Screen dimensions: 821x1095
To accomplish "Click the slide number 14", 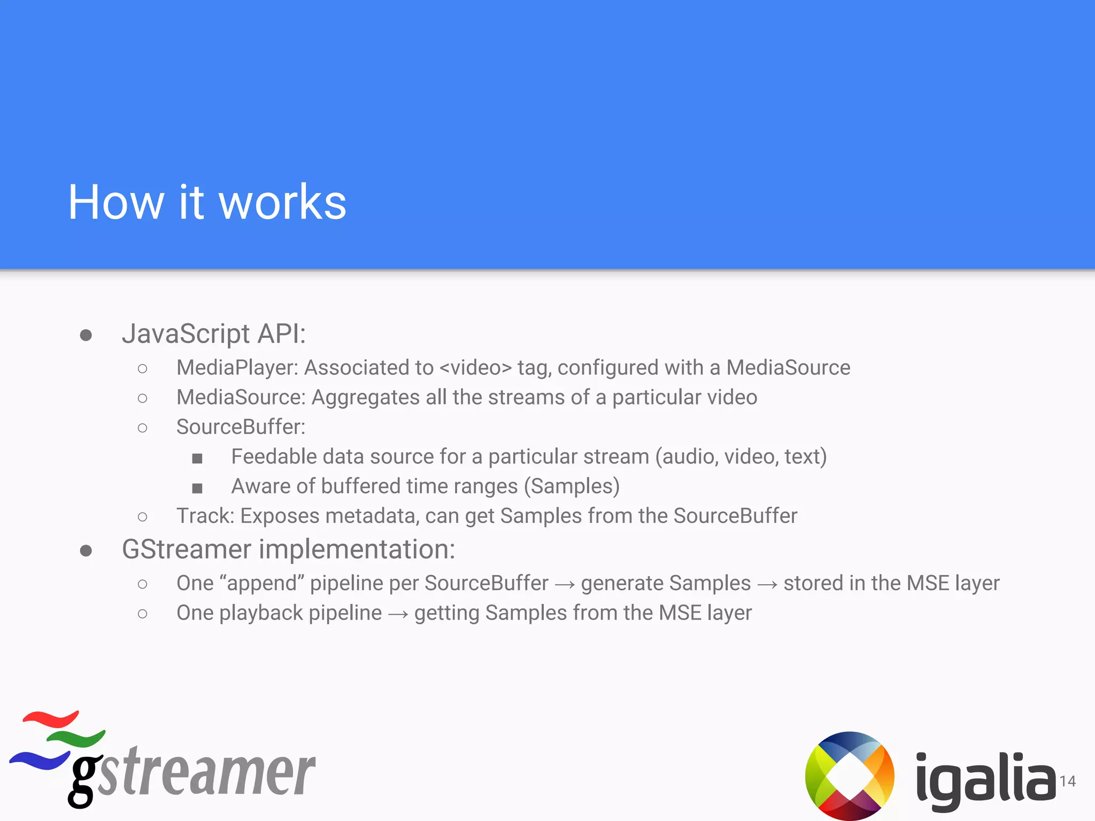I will (x=1068, y=781).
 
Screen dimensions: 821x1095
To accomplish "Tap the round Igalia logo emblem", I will (x=850, y=776).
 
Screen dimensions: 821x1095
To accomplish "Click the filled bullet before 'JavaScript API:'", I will (x=86, y=336).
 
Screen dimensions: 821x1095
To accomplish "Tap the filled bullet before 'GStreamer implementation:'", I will (x=86, y=551).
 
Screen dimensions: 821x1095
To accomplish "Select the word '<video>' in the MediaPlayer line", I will (x=475, y=368).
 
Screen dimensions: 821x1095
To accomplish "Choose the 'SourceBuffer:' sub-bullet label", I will (x=241, y=427).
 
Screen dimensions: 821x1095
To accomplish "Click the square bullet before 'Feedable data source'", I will (x=197, y=458).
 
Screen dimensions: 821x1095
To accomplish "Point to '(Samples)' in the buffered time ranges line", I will (x=572, y=486).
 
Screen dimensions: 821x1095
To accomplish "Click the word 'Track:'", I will (x=205, y=516).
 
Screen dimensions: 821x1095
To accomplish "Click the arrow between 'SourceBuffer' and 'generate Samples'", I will (x=565, y=585).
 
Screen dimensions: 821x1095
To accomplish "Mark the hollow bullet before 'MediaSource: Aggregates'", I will (x=142, y=398).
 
